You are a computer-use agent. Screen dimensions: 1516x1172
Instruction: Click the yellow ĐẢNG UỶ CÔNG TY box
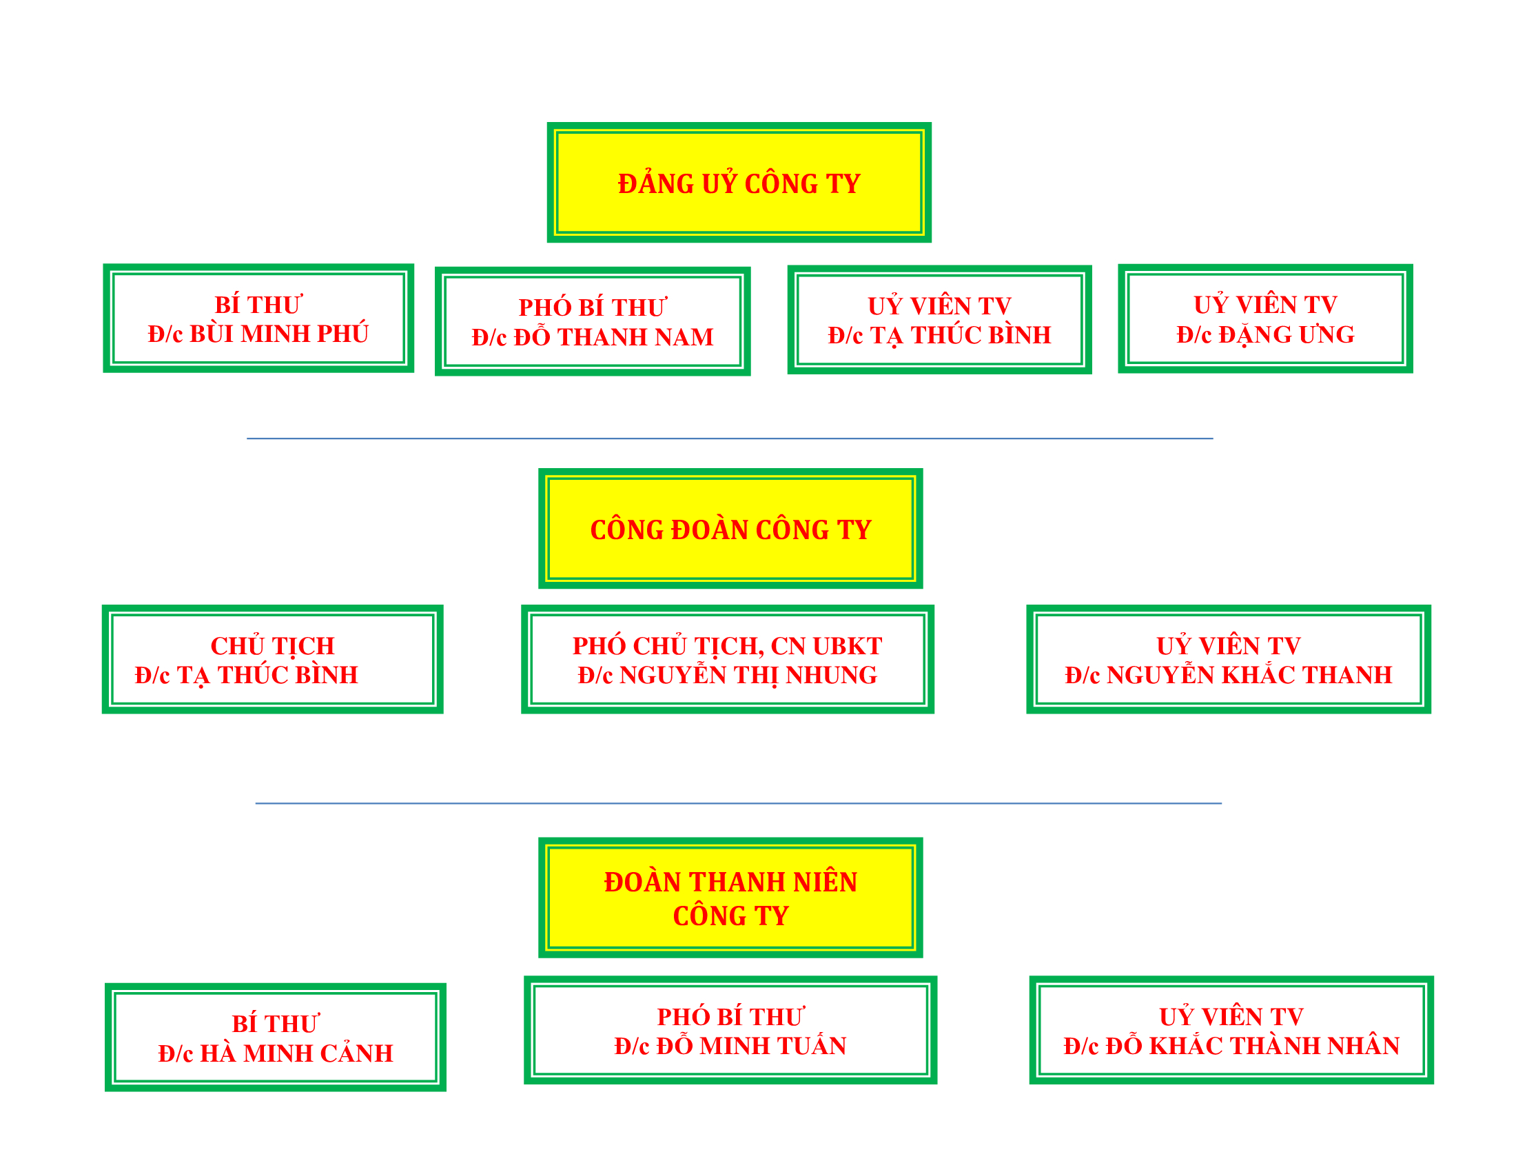tap(739, 183)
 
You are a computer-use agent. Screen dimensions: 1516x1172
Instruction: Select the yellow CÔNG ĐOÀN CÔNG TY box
tap(730, 528)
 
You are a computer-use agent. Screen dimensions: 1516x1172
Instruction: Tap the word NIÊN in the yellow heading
tap(826, 882)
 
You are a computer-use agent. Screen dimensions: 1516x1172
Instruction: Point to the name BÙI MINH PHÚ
tap(279, 334)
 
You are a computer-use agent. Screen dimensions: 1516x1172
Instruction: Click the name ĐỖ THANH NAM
tap(613, 336)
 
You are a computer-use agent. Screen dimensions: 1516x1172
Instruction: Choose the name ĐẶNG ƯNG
tap(1287, 334)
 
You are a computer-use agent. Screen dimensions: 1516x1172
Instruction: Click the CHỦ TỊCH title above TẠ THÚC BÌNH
tap(272, 645)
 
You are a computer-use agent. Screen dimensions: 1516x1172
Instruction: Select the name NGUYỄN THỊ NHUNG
tap(748, 674)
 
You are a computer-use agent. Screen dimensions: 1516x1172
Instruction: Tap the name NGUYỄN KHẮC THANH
tap(1249, 674)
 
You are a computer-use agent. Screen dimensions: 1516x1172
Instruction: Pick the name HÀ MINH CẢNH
tap(296, 1053)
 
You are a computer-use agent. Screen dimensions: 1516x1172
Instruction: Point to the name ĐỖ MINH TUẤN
tap(751, 1046)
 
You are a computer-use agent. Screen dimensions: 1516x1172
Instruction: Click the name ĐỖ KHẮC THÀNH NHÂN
tap(1252, 1046)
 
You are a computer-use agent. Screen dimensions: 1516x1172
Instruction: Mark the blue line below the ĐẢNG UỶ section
tap(730, 438)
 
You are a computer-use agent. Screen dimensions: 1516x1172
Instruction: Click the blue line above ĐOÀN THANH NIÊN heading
tap(738, 803)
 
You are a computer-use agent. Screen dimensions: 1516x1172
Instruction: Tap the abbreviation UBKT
tap(848, 646)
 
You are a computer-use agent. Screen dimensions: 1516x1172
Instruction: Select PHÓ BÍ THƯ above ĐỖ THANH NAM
tap(592, 307)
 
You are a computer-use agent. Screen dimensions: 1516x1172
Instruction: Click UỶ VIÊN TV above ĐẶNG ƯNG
tap(1264, 304)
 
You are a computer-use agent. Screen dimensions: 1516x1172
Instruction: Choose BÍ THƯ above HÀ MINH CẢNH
tap(275, 1023)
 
